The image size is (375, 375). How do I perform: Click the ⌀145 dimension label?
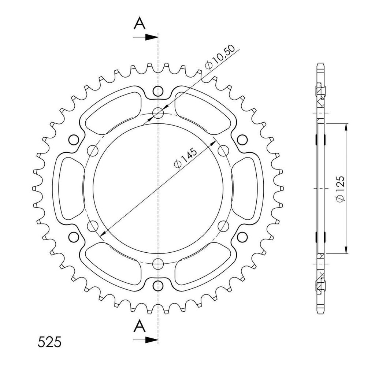[x=186, y=158]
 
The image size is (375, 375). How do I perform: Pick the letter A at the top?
[x=140, y=23]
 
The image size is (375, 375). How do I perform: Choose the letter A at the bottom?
[x=140, y=326]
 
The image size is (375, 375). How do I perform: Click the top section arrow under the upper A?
[x=146, y=37]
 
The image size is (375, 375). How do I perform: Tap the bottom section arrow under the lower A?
[x=146, y=339]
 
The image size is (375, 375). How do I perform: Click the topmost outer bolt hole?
[x=157, y=91]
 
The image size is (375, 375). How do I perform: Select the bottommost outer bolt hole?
[x=157, y=286]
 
